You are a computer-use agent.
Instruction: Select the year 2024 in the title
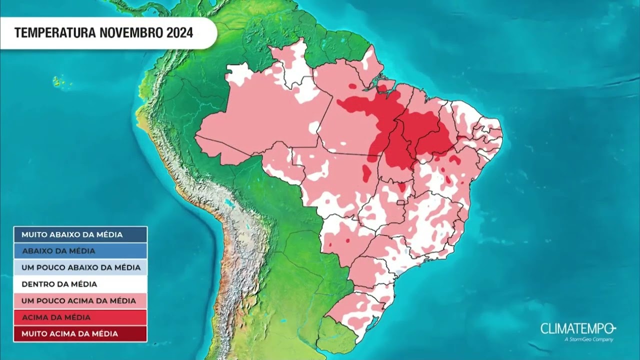pos(178,33)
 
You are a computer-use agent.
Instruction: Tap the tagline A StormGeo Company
pos(588,340)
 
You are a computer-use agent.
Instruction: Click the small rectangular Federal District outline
pos(400,202)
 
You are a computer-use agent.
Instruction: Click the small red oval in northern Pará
pos(352,86)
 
